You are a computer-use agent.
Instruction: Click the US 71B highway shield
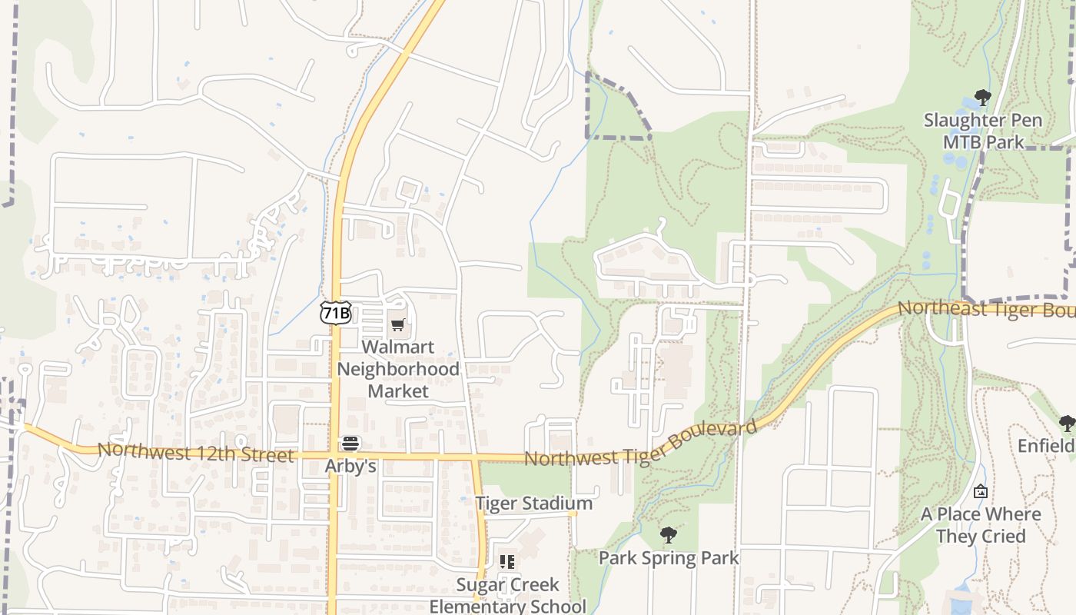[x=336, y=312]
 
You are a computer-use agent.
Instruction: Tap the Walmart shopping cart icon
[x=397, y=324]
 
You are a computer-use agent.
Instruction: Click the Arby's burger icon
[x=350, y=444]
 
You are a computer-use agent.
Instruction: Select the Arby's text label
[x=350, y=466]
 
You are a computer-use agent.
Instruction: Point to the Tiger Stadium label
[x=534, y=504]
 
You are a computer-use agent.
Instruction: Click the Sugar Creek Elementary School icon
[x=506, y=562]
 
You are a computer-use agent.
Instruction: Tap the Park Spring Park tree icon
[x=669, y=535]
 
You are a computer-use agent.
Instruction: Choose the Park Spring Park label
[x=669, y=558]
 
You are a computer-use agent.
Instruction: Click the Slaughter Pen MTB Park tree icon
[x=982, y=98]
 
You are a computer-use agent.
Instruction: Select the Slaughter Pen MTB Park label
[x=983, y=131]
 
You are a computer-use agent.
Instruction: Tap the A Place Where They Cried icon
[x=981, y=491]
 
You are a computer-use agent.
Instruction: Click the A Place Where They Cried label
[x=981, y=525]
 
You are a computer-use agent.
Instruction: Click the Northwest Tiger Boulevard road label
[x=639, y=444]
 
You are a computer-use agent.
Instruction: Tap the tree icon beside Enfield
[x=1067, y=423]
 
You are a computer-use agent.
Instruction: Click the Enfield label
[x=1047, y=446]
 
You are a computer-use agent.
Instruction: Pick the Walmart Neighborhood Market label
[x=398, y=369]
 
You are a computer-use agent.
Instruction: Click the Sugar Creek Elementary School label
[x=507, y=595]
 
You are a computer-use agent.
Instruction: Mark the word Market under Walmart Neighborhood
[x=398, y=391]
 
